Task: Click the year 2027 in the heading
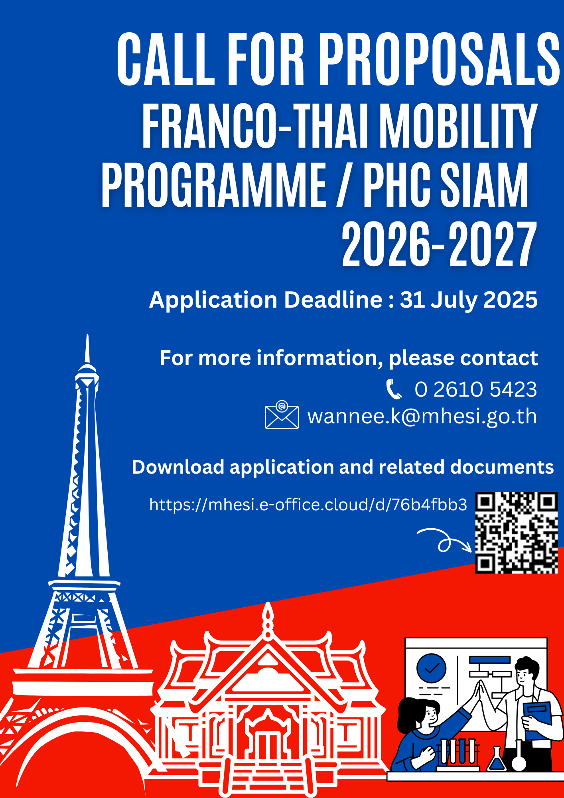492,244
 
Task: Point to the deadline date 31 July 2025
469,300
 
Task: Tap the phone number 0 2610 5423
475,389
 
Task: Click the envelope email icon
282,415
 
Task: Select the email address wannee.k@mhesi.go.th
422,417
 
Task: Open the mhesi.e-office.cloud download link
308,505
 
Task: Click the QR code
516,533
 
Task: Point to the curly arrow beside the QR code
444,541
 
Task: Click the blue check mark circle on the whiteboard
431,668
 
